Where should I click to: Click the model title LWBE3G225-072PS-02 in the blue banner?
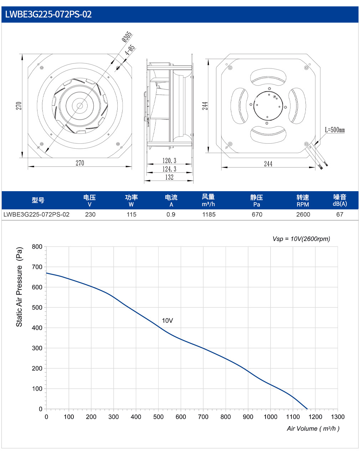pos(48,14)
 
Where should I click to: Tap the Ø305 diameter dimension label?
pos(127,37)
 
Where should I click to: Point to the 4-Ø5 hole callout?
pos(130,50)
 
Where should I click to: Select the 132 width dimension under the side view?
pos(169,177)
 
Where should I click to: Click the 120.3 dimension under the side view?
pos(169,161)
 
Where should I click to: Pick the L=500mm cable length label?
pos(335,130)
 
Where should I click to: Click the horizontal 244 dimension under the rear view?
pos(268,164)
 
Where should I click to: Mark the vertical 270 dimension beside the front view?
pos(19,106)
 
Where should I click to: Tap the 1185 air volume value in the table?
pos(209,214)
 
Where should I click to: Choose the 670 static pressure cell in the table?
pos(257,214)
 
